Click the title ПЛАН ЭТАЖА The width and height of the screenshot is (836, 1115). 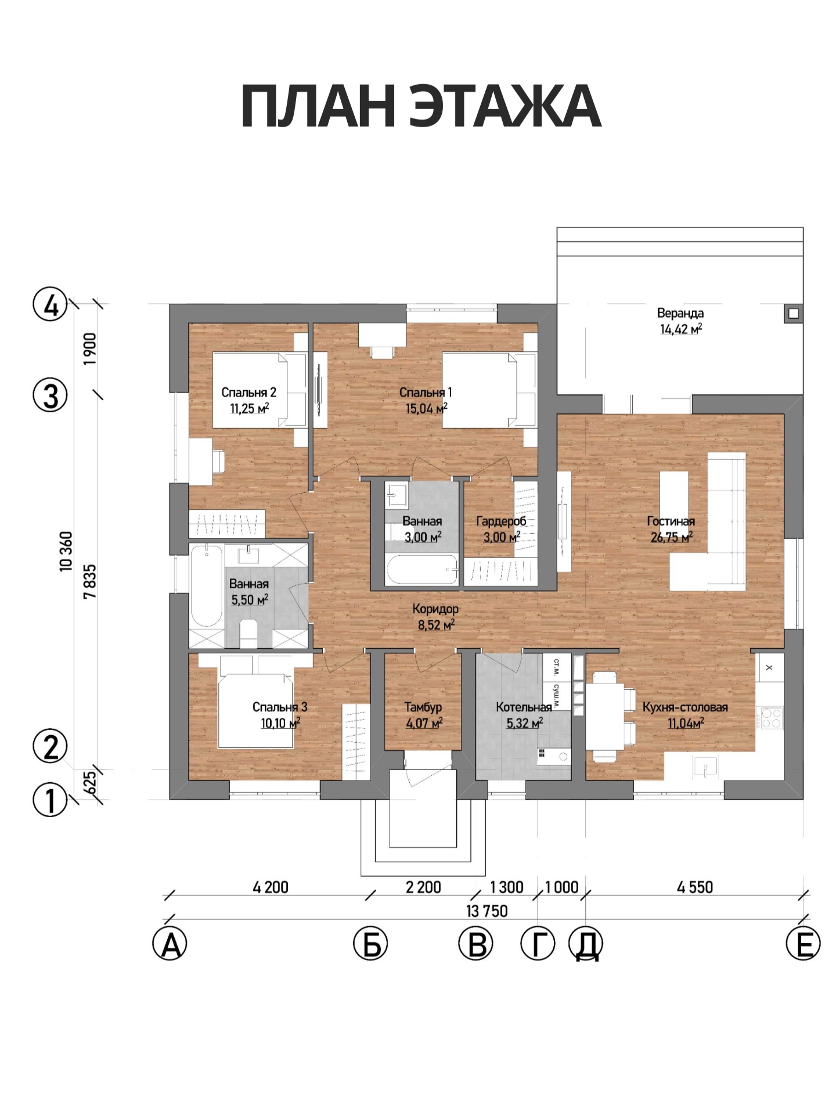click(421, 106)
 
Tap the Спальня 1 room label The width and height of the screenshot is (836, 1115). click(426, 393)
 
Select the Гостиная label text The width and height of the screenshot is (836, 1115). click(671, 521)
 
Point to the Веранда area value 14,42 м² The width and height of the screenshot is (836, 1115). click(681, 329)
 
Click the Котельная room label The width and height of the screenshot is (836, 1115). click(524, 707)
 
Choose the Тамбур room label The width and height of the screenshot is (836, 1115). click(423, 707)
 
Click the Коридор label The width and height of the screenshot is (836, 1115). click(435, 609)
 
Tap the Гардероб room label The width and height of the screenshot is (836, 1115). click(501, 521)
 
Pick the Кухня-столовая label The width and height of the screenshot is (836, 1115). click(685, 707)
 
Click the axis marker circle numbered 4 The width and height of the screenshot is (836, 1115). click(51, 304)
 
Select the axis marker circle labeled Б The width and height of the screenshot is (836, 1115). click(370, 944)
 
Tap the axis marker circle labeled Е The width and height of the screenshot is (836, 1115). click(803, 944)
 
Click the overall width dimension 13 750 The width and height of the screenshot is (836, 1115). click(487, 911)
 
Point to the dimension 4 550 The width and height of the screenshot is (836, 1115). click(695, 887)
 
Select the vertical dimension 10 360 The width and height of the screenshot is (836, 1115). click(67, 552)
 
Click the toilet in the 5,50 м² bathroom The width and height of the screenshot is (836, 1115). click(248, 633)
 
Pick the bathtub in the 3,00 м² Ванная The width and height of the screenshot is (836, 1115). click(422, 570)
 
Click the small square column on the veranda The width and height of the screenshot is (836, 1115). click(794, 314)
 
